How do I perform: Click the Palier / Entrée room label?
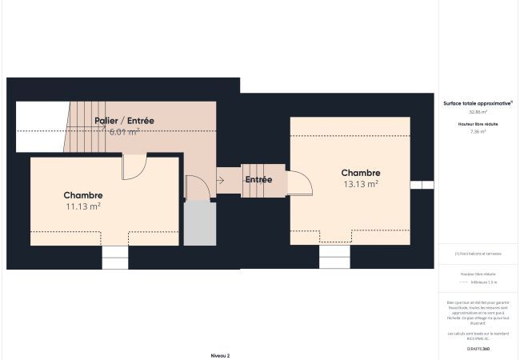[124, 121]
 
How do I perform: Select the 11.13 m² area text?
[83, 206]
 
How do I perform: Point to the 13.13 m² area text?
[360, 183]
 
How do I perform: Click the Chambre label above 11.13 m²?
[83, 195]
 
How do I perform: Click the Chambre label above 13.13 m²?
[360, 173]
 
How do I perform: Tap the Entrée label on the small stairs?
[258, 180]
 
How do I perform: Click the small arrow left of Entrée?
[221, 180]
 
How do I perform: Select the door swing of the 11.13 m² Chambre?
[134, 168]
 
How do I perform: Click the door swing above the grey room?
[197, 188]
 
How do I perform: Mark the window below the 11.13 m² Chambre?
[115, 257]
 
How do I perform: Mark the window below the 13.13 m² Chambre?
[334, 256]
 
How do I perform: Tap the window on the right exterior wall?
[422, 185]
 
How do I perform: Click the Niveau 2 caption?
[220, 355]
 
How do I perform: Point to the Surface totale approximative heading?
[478, 103]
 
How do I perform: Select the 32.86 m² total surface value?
[478, 112]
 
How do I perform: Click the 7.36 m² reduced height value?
[478, 131]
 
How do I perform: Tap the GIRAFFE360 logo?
[478, 350]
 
